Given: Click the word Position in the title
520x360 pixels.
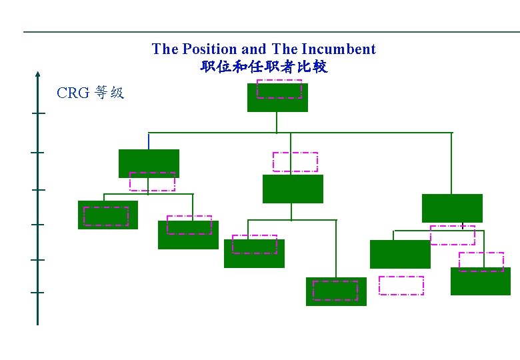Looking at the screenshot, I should [x=209, y=49].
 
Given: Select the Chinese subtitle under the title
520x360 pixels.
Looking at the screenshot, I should [x=264, y=67].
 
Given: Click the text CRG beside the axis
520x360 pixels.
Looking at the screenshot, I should [x=73, y=93].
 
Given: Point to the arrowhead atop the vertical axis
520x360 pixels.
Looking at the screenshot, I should [x=37, y=74].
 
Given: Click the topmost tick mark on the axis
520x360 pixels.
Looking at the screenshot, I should [x=37, y=113].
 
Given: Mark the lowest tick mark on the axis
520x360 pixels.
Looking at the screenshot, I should [x=37, y=292].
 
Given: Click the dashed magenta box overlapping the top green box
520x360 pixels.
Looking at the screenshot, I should [x=279, y=89].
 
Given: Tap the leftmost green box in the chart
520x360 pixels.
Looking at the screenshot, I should [x=107, y=215].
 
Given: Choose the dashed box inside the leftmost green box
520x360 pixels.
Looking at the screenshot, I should [x=105, y=216].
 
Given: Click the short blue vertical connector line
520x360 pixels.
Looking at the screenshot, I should [x=148, y=141].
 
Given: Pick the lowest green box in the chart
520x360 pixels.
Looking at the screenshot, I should [x=336, y=291].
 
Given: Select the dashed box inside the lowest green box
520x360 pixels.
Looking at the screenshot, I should [x=335, y=291].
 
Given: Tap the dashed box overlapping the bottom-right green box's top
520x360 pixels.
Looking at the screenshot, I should [x=481, y=262].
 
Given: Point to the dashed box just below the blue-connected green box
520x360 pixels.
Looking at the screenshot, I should [x=152, y=182].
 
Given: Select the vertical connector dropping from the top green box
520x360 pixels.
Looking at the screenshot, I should [x=277, y=122].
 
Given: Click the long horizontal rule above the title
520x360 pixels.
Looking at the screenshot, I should [x=267, y=31].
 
